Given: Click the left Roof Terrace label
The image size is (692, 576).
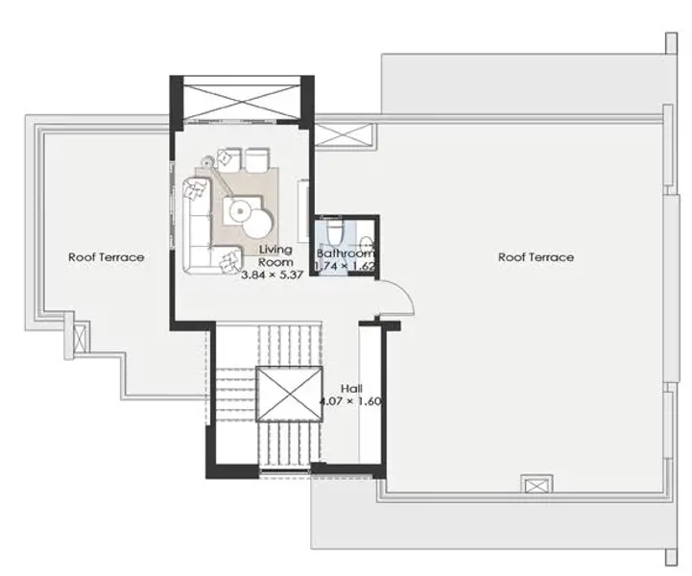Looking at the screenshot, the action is (106, 257).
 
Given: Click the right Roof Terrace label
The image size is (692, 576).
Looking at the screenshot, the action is (536, 257).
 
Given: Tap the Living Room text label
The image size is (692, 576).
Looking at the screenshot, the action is (275, 255).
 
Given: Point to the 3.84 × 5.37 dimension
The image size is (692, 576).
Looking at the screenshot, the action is (273, 275).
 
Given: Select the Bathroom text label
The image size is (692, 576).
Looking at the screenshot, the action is (346, 253).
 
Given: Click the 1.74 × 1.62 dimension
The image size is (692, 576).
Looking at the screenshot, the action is (345, 266).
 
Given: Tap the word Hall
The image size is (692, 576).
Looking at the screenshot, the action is (351, 389).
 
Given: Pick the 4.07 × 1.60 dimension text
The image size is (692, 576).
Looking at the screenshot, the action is (350, 401).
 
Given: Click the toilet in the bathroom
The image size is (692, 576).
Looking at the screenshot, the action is (335, 230).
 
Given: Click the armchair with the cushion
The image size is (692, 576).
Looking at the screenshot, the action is (227, 158).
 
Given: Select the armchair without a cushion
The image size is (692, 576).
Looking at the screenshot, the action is (257, 159).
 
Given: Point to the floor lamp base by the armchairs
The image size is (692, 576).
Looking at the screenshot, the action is (206, 161).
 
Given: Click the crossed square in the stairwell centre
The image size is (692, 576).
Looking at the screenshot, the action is (289, 395).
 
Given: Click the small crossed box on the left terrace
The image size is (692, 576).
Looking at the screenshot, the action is (80, 338).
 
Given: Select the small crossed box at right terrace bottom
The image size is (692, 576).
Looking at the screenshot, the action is (537, 485).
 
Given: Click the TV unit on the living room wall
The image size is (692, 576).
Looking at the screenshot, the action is (303, 210).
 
